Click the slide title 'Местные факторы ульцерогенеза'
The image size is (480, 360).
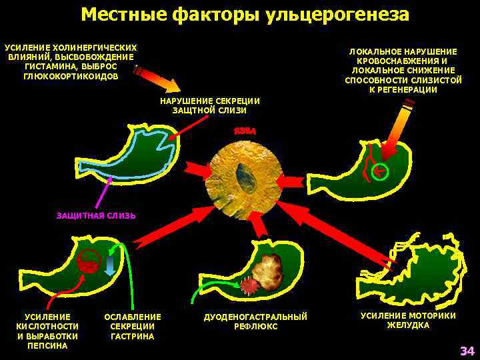click(245, 14)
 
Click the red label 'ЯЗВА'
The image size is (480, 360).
click(244, 132)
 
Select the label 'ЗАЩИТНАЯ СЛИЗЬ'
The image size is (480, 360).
click(96, 215)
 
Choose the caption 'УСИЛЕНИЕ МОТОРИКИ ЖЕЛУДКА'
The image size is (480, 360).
click(408, 320)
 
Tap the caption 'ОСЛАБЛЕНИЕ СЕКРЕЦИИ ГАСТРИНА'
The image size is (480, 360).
click(133, 326)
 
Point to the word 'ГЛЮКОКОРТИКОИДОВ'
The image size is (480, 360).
click(71, 76)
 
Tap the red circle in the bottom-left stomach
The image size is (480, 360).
click(87, 265)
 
